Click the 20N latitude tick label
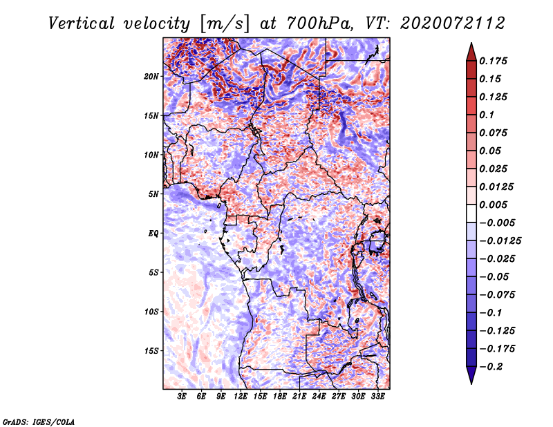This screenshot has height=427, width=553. [151, 77]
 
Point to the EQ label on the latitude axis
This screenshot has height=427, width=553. [153, 234]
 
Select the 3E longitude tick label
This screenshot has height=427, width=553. [182, 397]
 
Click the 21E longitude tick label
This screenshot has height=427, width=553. [299, 397]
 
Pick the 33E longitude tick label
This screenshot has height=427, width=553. [377, 397]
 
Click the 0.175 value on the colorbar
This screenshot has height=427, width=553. [494, 61]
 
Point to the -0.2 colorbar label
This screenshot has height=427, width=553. [491, 367]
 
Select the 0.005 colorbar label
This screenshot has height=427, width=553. [494, 205]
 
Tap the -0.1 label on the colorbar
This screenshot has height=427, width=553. [491, 313]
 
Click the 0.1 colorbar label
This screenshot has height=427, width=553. [487, 115]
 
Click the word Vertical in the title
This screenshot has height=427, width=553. [82, 23]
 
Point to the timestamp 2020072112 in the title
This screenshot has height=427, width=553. [453, 23]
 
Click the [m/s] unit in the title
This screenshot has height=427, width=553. [224, 23]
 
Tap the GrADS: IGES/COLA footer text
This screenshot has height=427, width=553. [39, 422]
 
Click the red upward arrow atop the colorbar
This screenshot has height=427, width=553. [471, 53]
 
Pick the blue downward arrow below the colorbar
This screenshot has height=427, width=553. [471, 374]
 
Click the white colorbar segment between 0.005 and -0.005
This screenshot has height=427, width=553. [471, 213]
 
